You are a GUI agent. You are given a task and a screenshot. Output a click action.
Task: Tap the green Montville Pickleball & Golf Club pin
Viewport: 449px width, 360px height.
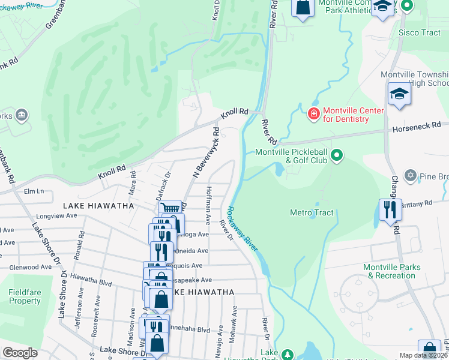click(337, 156)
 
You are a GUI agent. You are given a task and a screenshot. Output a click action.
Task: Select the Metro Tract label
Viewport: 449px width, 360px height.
click(312, 212)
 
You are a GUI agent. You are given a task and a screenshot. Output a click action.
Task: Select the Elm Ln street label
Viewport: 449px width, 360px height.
click(34, 191)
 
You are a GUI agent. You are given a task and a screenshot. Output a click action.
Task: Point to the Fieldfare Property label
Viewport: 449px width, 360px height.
click(25, 296)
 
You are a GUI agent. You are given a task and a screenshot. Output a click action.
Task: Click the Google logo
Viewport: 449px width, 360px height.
click(20, 352)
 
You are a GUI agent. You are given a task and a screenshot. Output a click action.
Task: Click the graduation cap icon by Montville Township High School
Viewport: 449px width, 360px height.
click(399, 95)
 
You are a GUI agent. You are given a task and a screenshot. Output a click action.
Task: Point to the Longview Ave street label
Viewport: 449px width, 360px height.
click(57, 215)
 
